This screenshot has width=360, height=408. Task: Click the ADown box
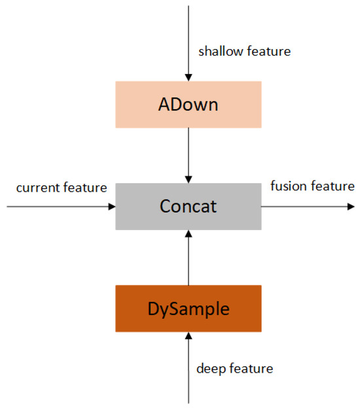click(x=189, y=105)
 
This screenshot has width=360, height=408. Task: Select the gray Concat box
click(x=189, y=207)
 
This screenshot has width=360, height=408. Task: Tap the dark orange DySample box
click(x=189, y=309)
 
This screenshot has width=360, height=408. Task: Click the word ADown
click(x=189, y=105)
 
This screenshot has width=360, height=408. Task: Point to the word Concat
click(x=189, y=207)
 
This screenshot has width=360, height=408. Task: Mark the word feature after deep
click(x=251, y=369)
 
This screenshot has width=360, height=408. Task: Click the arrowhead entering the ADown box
click(x=189, y=77)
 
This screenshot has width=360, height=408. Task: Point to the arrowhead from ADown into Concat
click(x=189, y=179)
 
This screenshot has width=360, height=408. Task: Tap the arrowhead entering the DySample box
click(x=189, y=336)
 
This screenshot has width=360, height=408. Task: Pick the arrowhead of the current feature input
click(x=111, y=207)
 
